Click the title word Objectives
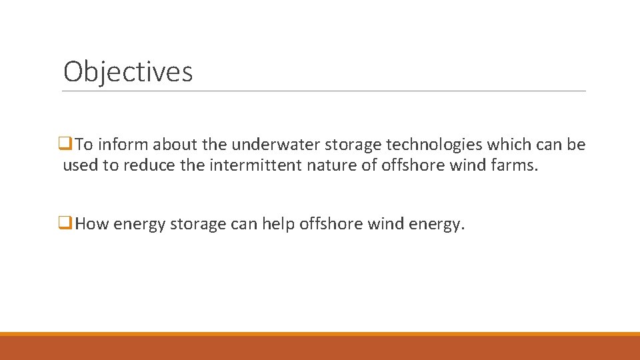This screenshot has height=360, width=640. click(x=128, y=71)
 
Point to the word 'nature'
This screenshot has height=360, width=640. click(x=333, y=165)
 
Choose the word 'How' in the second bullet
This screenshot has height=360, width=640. click(x=92, y=225)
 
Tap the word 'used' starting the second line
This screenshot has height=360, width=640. click(x=79, y=165)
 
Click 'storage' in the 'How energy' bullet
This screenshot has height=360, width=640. click(x=198, y=225)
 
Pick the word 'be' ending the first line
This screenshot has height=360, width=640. click(x=577, y=145)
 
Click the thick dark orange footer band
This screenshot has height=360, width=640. click(x=320, y=348)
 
